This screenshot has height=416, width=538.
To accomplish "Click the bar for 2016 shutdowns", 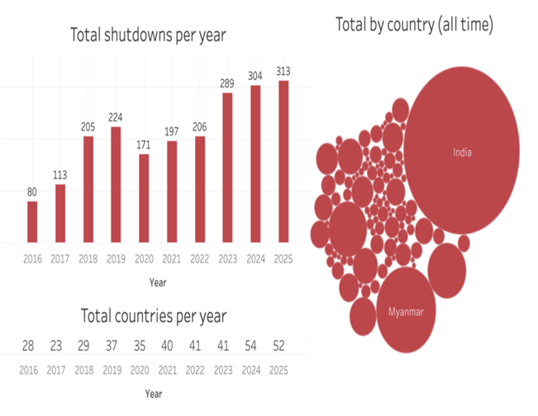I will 32,222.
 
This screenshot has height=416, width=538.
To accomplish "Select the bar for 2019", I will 116,185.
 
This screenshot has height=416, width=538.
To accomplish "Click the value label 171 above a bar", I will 144,145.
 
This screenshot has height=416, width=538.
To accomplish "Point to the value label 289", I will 227,83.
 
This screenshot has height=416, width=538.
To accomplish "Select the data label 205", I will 88,127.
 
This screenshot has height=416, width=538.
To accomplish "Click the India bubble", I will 461,152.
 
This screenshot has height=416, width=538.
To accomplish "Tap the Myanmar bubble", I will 406,311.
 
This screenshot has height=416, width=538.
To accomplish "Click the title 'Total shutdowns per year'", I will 148,35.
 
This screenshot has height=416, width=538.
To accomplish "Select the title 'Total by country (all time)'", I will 414,25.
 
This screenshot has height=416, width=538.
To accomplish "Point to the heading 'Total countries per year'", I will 154,315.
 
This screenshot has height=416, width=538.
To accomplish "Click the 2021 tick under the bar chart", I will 172,259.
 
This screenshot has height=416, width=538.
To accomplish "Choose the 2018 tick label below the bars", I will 88,259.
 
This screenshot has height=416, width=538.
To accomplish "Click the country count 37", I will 116,345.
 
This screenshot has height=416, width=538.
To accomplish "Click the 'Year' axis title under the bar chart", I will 157,282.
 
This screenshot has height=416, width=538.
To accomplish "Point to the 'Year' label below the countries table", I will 155,393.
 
